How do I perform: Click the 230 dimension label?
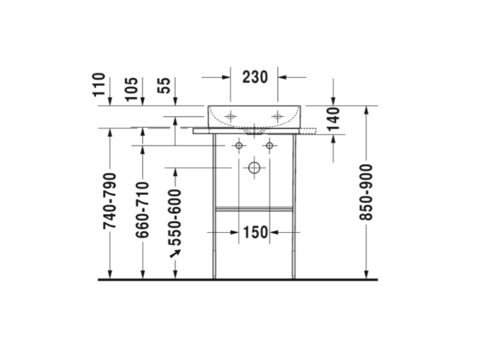click(x=255, y=77)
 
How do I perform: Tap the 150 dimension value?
click(x=255, y=232)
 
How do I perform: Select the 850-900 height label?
click(x=366, y=192)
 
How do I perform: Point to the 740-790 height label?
click(x=110, y=201)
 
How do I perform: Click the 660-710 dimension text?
click(x=142, y=210)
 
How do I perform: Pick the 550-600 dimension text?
click(x=175, y=217)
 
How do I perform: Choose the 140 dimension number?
click(x=333, y=119)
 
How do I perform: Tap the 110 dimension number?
click(x=99, y=84)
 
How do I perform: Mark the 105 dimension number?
click(x=132, y=89)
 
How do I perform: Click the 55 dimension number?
click(x=164, y=85)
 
